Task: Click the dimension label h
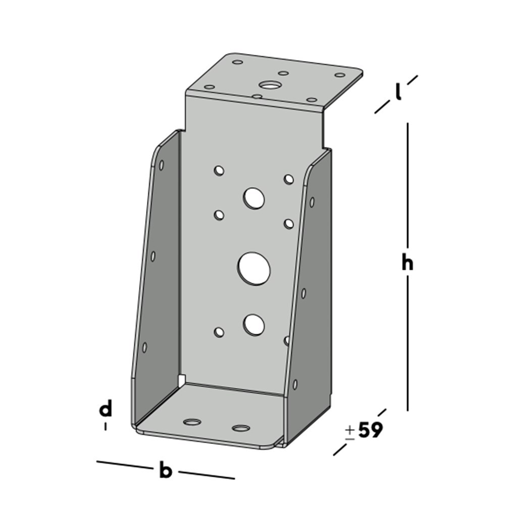pyautogui.click(x=407, y=263)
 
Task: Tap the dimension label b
pyautogui.click(x=166, y=471)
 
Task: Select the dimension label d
pyautogui.click(x=105, y=409)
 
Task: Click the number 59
pyautogui.click(x=370, y=430)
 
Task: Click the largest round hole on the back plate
pyautogui.click(x=254, y=268)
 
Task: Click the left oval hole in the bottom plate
pyautogui.click(x=191, y=422)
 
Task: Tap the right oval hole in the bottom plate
pyautogui.click(x=241, y=429)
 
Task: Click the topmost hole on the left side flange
pyautogui.click(x=162, y=165)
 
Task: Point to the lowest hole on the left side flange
pyautogui.click(x=144, y=347)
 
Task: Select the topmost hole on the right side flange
pyautogui.click(x=312, y=202)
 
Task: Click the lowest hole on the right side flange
pyautogui.click(x=295, y=384)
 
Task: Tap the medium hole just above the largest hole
pyautogui.click(x=254, y=198)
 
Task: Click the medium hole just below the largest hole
pyautogui.click(x=254, y=324)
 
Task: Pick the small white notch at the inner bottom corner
pyautogui.click(x=182, y=378)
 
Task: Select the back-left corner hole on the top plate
pyautogui.click(x=237, y=63)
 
